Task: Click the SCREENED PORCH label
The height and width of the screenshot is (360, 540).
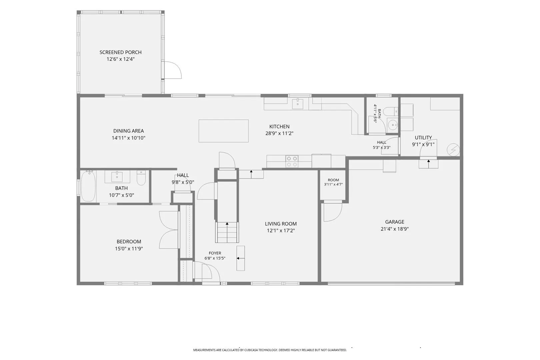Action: [x=121, y=52]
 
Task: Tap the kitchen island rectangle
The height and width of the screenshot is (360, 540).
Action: [x=223, y=131]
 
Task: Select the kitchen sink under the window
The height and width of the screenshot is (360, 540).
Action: [x=298, y=104]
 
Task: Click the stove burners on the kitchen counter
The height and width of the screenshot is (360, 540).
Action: [x=292, y=161]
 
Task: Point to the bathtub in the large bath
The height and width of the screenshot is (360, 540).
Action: [x=88, y=186]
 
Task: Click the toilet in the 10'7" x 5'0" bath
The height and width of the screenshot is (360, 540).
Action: [x=141, y=178]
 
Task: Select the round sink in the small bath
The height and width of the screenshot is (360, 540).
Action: [x=393, y=125]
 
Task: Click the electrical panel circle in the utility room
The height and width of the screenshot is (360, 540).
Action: [x=453, y=150]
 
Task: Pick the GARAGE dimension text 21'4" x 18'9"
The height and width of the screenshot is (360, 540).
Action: [x=395, y=229]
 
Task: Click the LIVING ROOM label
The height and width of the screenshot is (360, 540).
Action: [x=281, y=224]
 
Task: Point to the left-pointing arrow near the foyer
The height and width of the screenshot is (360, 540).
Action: [x=241, y=258]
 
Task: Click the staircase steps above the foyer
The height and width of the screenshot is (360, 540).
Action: [x=227, y=232]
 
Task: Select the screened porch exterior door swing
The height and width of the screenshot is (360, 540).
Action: [x=171, y=70]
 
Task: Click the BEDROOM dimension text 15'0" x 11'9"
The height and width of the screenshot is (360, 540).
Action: [x=129, y=249]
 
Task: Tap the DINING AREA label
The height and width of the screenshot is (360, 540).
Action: [x=128, y=131]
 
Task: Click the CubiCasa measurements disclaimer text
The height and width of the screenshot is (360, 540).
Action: [x=270, y=350]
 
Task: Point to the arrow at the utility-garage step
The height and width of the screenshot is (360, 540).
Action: [x=429, y=163]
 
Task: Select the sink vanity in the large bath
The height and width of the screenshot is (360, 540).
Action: [x=117, y=177]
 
